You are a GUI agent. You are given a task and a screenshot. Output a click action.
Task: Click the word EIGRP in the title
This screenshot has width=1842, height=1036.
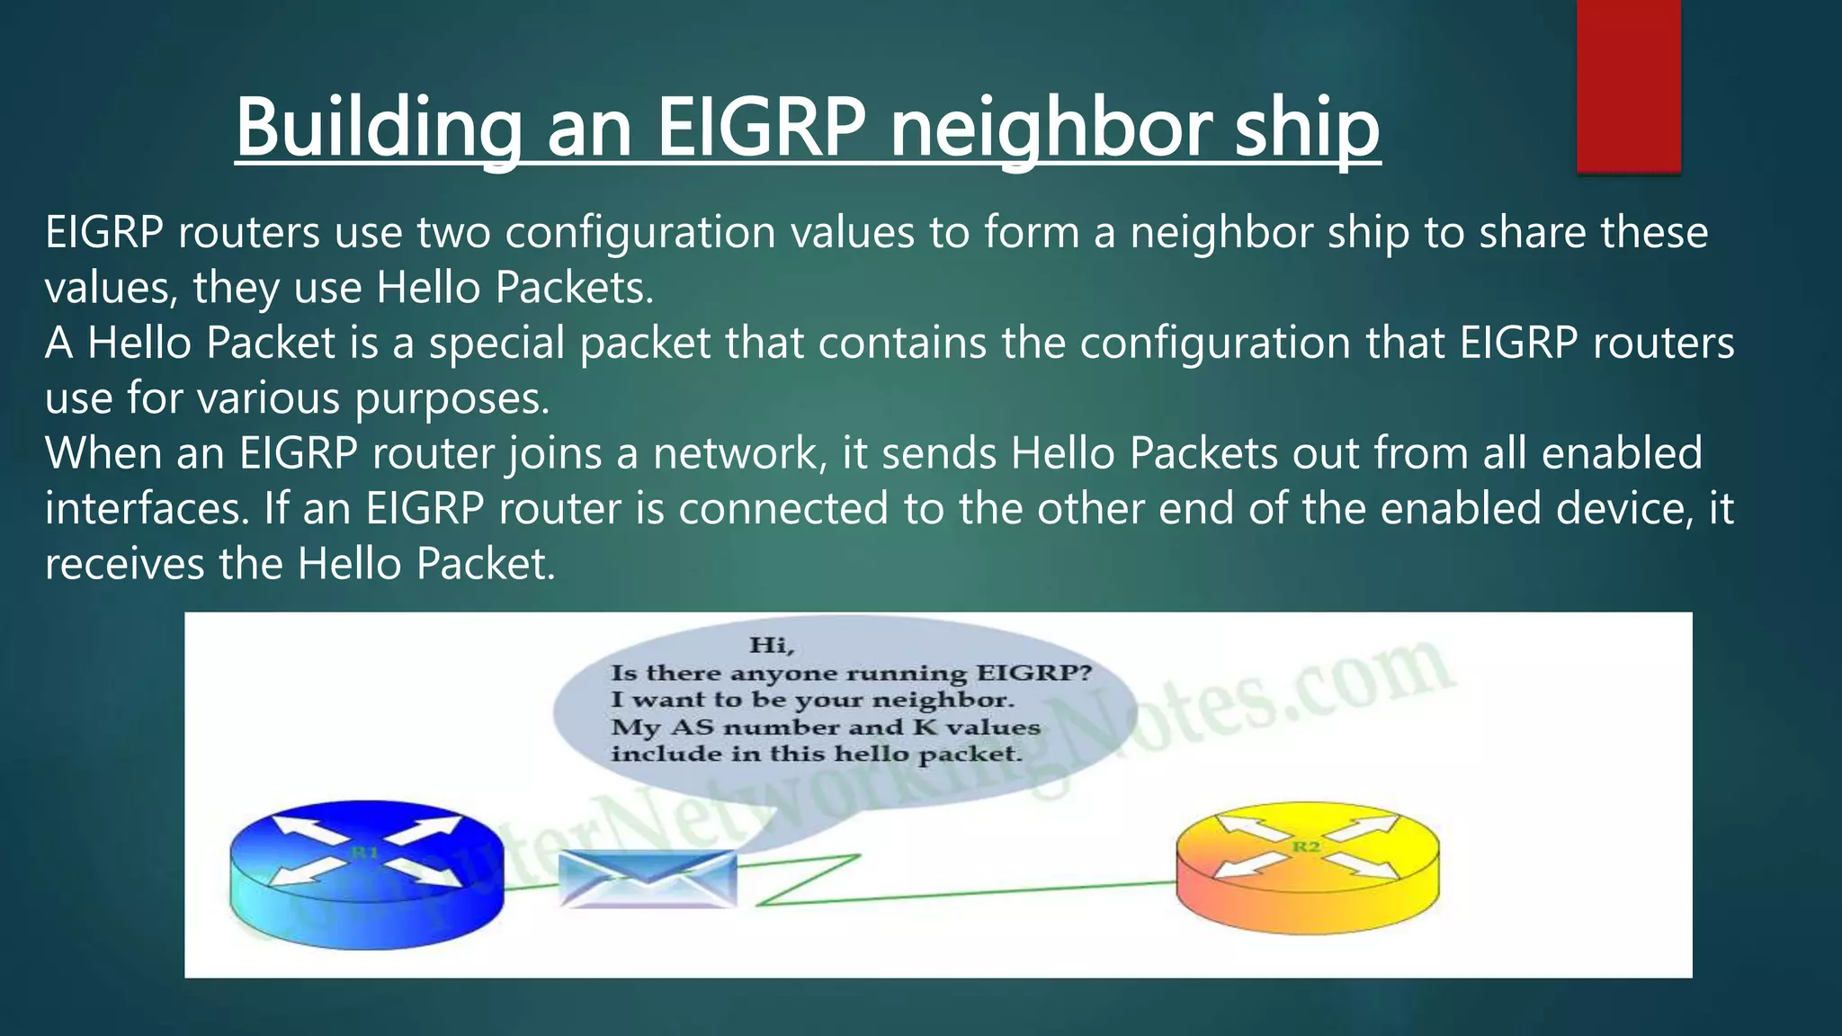tap(761, 128)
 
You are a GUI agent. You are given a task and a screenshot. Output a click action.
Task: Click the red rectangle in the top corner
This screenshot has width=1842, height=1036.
tap(1628, 85)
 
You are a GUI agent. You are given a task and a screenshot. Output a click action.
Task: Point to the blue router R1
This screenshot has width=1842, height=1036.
tap(366, 873)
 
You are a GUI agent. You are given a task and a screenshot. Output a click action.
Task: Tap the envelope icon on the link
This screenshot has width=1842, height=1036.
tap(648, 879)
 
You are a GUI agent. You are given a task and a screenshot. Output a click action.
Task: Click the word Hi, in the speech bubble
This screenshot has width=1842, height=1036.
tap(772, 645)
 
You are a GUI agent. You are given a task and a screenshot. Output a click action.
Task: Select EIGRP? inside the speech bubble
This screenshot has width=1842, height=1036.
tap(1033, 673)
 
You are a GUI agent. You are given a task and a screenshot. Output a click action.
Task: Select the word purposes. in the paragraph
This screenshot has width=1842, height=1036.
tap(452, 398)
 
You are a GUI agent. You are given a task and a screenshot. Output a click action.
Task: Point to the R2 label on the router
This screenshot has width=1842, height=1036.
tap(1306, 846)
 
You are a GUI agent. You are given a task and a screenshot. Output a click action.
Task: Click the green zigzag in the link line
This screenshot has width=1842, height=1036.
tap(809, 879)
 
